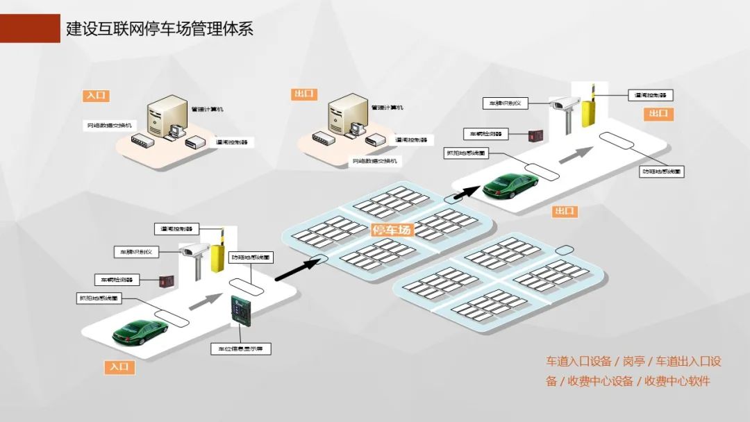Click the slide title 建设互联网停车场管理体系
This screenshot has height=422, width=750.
(159, 28)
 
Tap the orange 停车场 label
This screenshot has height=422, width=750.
(392, 230)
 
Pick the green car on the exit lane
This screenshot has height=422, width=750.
(511, 185)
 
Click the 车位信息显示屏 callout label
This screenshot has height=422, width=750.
(240, 348)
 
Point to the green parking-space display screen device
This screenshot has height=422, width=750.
(240, 310)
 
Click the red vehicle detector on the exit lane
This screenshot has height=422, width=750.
(535, 135)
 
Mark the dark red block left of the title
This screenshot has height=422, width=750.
(30, 28)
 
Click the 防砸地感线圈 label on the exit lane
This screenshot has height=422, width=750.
(662, 171)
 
